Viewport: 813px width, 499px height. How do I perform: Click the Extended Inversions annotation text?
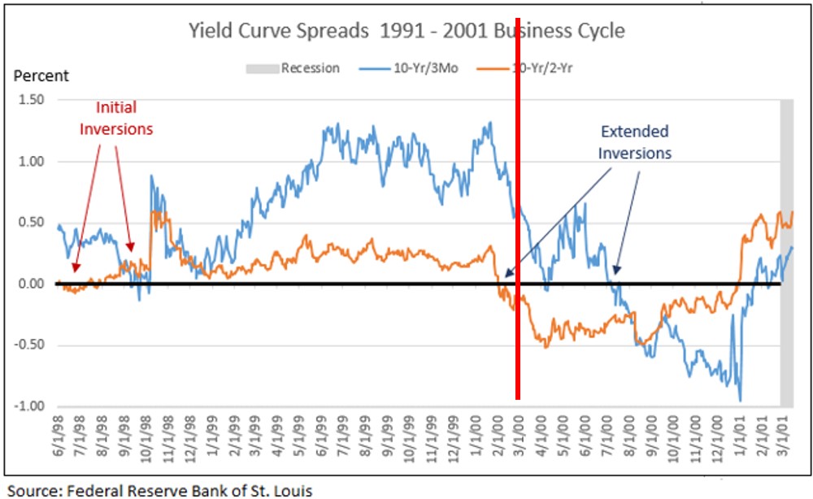635,142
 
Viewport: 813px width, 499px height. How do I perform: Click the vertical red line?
518,244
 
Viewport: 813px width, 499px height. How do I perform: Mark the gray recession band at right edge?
786,252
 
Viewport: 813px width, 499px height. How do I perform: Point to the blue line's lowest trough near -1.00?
740,399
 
